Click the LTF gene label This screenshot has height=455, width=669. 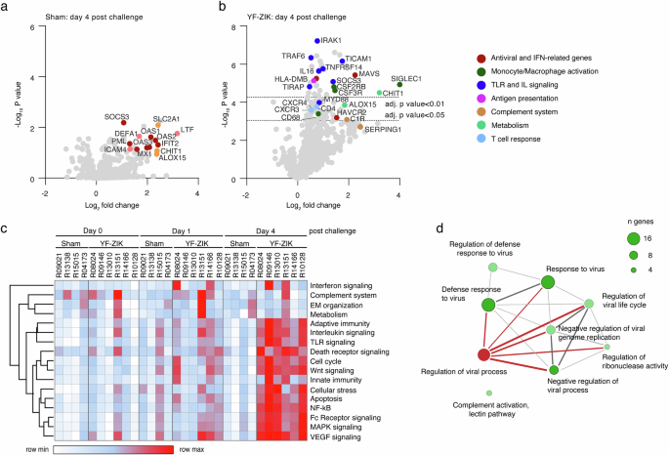(187, 129)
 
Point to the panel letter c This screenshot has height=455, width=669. (7, 228)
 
